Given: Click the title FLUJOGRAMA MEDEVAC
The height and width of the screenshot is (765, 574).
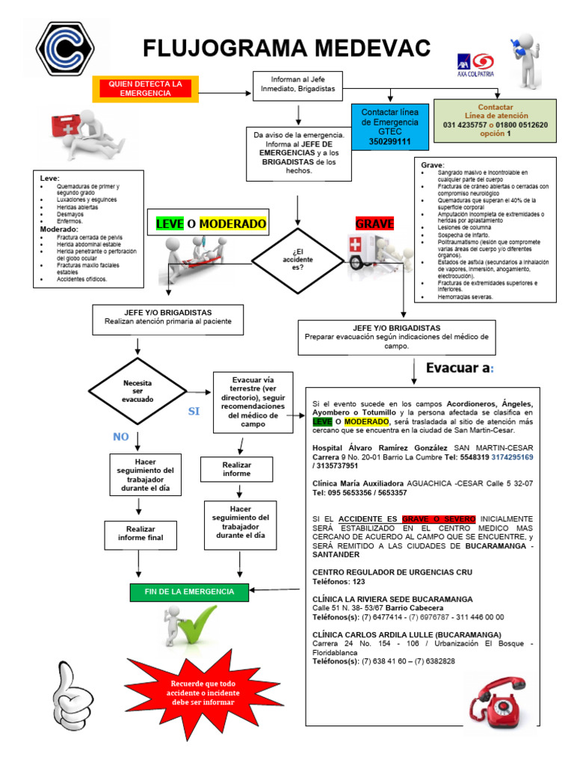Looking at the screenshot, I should click(287, 49).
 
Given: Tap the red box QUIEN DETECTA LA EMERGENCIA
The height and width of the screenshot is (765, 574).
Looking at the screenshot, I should click(145, 89).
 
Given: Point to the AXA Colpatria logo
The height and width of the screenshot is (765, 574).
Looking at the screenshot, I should click(475, 63).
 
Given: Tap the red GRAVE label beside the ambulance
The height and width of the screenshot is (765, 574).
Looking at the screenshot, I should click(374, 223).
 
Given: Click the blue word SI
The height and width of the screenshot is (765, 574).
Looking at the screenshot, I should click(194, 412).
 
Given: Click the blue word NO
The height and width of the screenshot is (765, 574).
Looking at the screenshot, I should click(120, 436).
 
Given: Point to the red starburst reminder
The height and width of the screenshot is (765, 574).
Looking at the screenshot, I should click(201, 693).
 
